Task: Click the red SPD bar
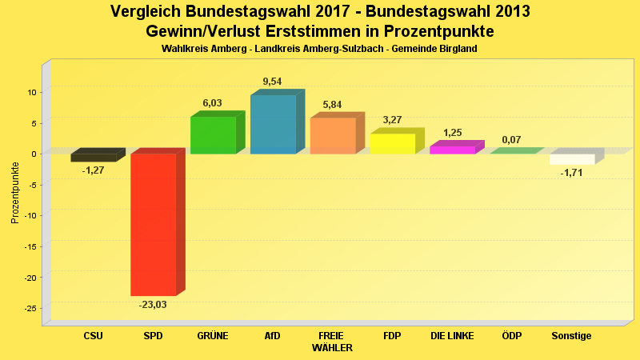click(153, 224)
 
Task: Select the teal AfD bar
click(273, 124)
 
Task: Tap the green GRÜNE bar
click(213, 134)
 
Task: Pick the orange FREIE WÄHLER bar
click(333, 135)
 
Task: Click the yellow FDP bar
click(392, 143)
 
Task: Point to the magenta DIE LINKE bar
click(452, 150)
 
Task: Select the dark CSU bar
click(93, 158)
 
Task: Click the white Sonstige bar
click(572, 159)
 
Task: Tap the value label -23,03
click(153, 305)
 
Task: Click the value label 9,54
click(272, 82)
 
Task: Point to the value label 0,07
click(511, 140)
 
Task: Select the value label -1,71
click(571, 173)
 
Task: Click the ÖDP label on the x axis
click(511, 336)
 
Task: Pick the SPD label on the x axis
click(153, 336)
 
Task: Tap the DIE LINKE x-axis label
click(452, 336)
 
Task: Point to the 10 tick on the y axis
click(32, 92)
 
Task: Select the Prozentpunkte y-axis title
click(14, 192)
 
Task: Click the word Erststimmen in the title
click(310, 31)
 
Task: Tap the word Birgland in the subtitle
click(458, 49)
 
